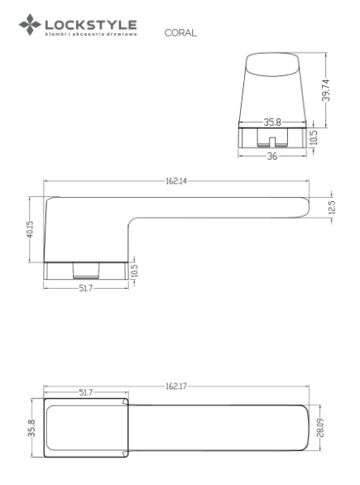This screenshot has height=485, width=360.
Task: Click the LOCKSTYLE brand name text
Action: [x=91, y=25]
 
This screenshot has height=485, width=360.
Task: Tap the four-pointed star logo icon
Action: [x=30, y=25]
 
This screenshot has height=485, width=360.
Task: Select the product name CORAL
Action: [x=180, y=33]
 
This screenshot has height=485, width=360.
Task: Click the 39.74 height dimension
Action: [x=326, y=90]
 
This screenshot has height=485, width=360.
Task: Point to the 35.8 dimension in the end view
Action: [x=272, y=122]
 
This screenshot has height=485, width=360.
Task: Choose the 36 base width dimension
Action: [x=272, y=156]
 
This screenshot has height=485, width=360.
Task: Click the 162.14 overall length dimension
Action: [x=176, y=181]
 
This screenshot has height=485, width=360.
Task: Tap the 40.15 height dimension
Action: [x=30, y=229]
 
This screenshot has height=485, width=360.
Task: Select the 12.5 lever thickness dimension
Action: [x=332, y=208]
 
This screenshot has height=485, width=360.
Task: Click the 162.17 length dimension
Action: [x=176, y=387]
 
